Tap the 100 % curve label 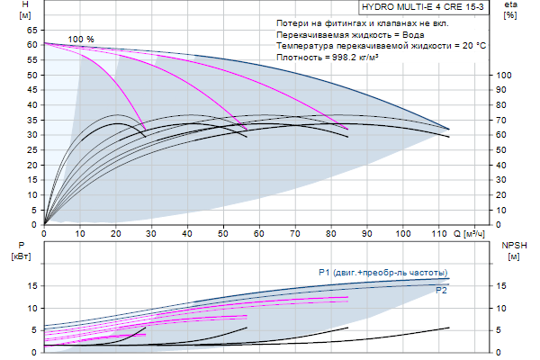81,39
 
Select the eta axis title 510,5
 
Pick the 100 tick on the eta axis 505,74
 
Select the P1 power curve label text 382,272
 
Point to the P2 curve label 442,290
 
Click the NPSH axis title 513,245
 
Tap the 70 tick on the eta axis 505,119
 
